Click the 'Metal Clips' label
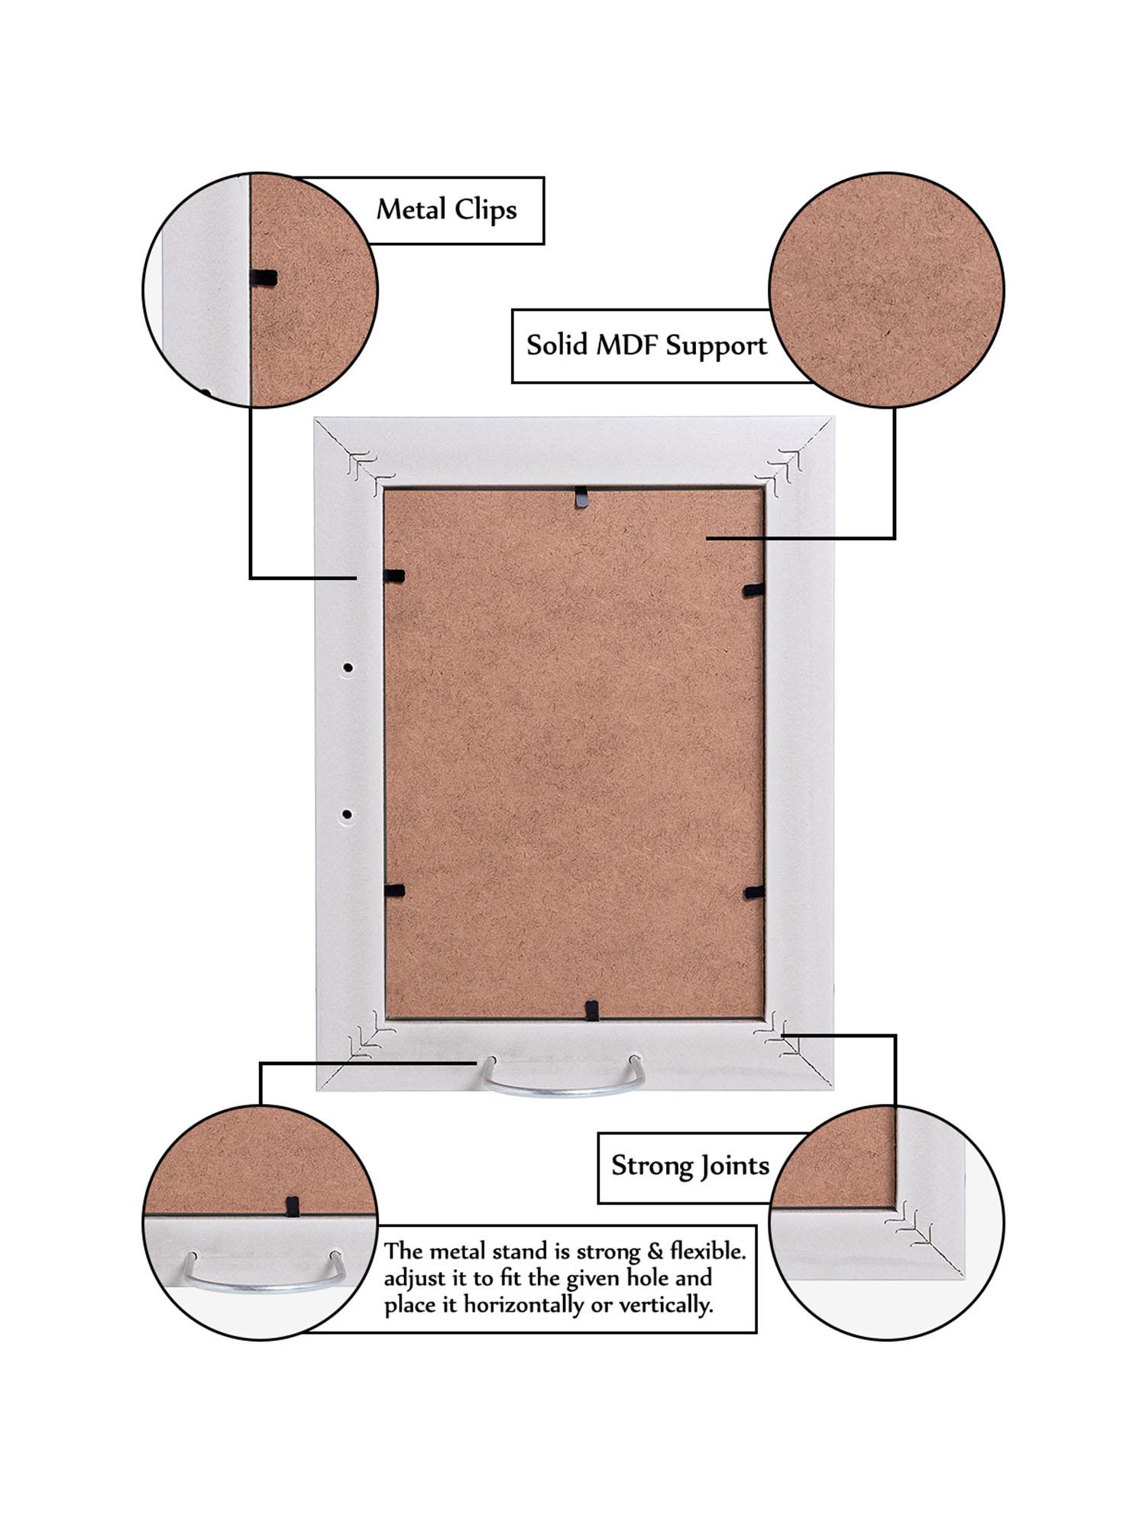[446, 209]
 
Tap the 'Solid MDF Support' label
[646, 345]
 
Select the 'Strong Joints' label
[689, 1166]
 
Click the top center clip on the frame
[582, 497]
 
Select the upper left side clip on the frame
[393, 576]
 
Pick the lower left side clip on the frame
[394, 890]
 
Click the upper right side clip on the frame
[753, 589]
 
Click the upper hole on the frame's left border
[348, 668]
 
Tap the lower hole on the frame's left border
[347, 814]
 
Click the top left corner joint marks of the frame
[363, 465]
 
